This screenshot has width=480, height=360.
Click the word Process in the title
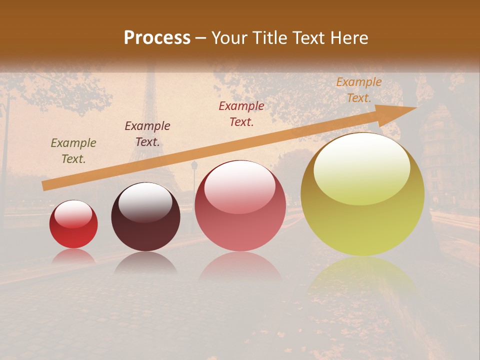coord(157,38)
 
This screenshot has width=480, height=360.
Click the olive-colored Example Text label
coord(73,151)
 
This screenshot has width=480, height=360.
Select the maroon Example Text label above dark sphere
coord(147,134)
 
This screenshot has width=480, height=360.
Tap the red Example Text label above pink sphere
coord(241,114)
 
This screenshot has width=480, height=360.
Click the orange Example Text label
coord(359,90)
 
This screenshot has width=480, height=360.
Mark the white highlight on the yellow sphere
coord(362,169)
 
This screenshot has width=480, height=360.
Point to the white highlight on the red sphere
coord(73,214)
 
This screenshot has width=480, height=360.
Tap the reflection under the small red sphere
coord(73,256)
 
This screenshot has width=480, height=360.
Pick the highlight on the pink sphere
coord(240,186)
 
